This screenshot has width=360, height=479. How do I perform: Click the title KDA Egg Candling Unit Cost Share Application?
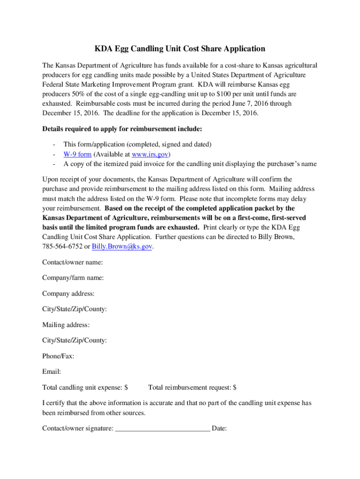point(180,49)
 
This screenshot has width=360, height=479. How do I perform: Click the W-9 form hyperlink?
point(77,154)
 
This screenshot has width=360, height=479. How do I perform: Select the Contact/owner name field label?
point(72,262)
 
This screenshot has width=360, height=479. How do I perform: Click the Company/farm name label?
point(73,278)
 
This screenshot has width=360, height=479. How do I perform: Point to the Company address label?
point(68,294)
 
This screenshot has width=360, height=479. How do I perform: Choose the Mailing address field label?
point(66,325)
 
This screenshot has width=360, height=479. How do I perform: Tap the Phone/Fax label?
point(58,356)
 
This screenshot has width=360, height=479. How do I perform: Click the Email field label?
point(51,372)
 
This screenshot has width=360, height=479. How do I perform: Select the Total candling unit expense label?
point(85,387)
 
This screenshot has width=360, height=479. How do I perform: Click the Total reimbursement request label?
point(192,387)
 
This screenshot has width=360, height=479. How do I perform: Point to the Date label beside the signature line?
point(219,428)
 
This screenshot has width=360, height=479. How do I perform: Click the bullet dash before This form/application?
point(55,145)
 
